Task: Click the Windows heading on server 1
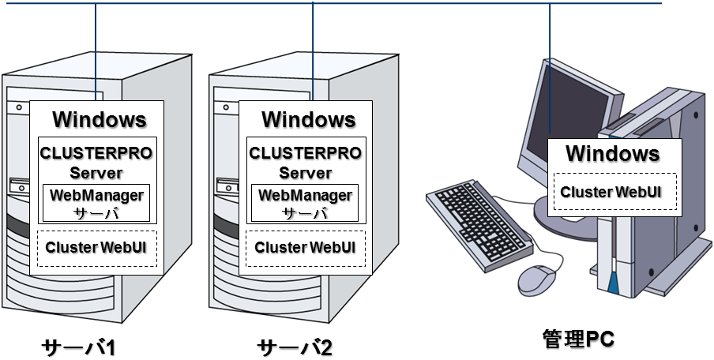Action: pyautogui.click(x=99, y=120)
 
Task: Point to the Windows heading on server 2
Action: pyautogui.click(x=308, y=120)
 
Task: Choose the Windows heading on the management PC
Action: pyautogui.click(x=612, y=153)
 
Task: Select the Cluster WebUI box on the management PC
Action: pyautogui.click(x=611, y=192)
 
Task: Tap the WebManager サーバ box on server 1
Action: pyautogui.click(x=96, y=203)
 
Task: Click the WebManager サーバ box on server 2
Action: pyautogui.click(x=305, y=203)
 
